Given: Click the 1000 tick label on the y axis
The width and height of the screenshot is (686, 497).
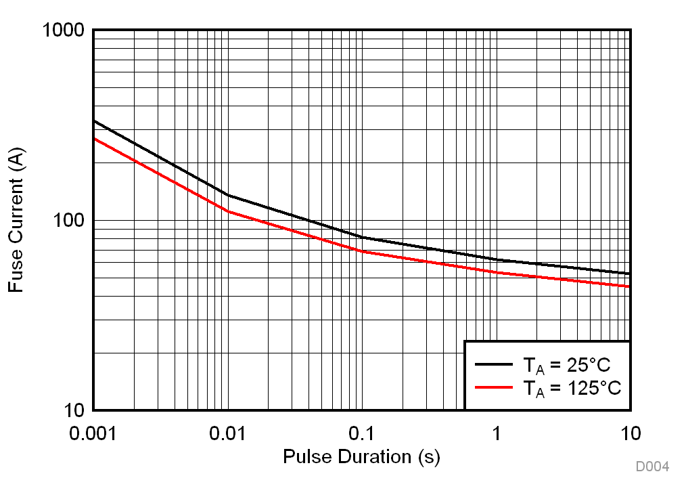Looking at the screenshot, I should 63,30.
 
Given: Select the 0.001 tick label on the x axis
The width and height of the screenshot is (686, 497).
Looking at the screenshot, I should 94,433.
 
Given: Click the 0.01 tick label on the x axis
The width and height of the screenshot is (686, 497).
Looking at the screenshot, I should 227,433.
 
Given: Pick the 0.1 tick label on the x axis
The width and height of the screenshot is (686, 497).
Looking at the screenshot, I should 361,433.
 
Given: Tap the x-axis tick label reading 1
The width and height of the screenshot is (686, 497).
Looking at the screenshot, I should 496,433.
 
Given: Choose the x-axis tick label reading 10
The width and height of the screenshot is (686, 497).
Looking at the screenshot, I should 630,433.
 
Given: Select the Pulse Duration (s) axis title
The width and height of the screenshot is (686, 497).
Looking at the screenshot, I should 361,457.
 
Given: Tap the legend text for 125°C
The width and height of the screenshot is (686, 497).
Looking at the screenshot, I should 571,389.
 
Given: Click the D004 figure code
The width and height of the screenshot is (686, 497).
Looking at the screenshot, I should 651,467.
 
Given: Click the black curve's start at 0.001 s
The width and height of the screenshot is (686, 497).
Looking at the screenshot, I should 94,121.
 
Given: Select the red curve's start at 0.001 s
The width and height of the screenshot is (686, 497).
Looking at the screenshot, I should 94,138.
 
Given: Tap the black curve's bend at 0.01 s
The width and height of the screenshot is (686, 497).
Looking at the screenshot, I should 228,195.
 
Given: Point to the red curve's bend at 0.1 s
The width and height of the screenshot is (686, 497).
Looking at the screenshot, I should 362,251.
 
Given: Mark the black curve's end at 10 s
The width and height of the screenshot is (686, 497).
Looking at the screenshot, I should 630,274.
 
